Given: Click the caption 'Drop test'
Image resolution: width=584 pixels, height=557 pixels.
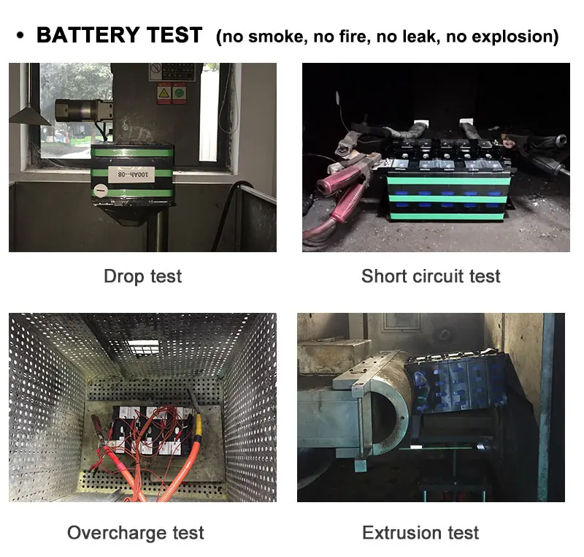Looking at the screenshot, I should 142,276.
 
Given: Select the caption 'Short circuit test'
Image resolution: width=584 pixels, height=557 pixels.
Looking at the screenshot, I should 431,276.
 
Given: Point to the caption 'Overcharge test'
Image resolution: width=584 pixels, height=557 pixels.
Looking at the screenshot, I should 136,532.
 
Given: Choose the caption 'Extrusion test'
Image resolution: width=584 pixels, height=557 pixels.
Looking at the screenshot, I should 420,532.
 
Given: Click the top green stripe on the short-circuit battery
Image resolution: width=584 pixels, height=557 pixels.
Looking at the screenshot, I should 445,180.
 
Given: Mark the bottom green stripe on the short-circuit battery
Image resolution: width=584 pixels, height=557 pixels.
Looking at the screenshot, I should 445,216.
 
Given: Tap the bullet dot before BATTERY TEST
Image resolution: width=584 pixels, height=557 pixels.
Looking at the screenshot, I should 20,36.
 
